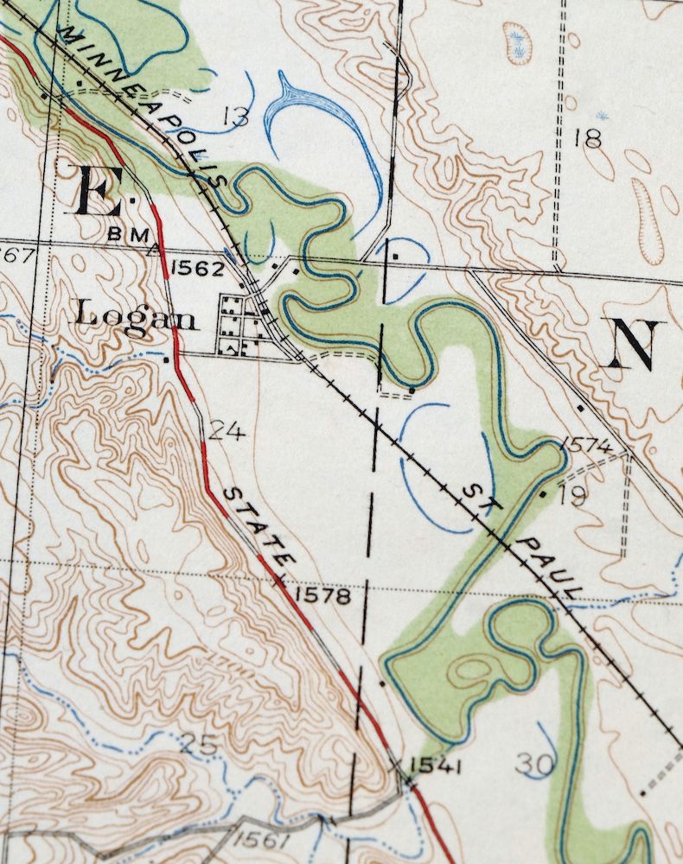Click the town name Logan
tap(136, 316)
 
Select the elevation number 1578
tap(322, 595)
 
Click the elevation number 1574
tap(587, 446)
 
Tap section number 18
tap(587, 137)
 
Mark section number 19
tap(572, 496)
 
